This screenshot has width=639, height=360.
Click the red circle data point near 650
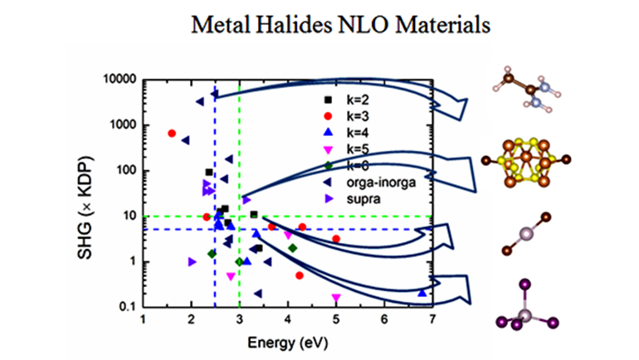pyautogui.click(x=172, y=134)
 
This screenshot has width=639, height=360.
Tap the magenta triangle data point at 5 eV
pyautogui.click(x=336, y=297)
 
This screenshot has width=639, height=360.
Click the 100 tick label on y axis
pyautogui.click(x=127, y=171)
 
